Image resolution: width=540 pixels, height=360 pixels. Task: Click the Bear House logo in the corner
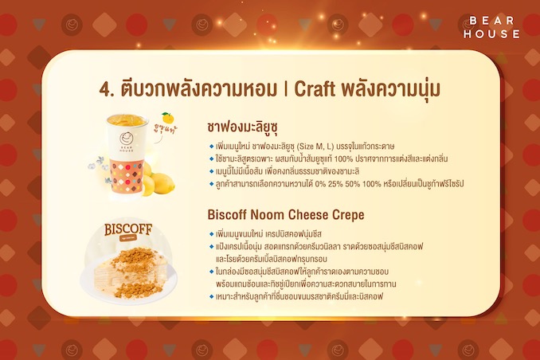point(491,27)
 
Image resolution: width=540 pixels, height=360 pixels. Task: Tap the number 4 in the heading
point(104,89)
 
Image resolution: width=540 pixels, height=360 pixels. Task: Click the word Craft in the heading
point(314,89)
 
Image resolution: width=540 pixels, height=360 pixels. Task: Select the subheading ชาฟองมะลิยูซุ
point(242,127)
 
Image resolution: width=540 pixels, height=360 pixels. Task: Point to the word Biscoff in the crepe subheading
point(227,214)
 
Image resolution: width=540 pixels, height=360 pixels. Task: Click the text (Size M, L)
point(315,147)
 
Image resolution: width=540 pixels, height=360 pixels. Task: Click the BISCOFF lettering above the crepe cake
point(128,229)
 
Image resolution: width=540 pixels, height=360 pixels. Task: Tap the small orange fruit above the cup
point(167,118)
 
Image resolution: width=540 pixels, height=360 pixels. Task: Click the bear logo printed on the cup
point(126,139)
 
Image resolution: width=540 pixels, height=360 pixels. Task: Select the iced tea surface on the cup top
point(127,120)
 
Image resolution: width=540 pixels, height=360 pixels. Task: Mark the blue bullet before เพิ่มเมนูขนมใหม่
point(211,234)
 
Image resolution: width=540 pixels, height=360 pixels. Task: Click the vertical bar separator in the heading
point(285,89)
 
